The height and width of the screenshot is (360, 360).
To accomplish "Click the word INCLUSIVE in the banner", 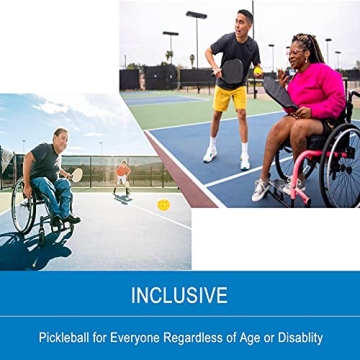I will [x=180, y=295].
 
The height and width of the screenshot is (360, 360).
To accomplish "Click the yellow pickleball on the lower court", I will [x=163, y=205].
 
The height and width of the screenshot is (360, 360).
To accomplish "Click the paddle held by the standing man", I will [x=232, y=71].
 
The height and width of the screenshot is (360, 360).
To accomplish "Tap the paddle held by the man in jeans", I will [x=76, y=175].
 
